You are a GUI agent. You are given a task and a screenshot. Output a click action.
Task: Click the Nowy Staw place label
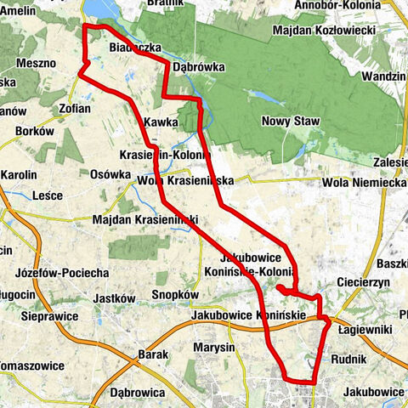291,122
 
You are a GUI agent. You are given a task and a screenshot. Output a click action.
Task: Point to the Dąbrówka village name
197,64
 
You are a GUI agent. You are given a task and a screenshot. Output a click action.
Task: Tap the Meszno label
35,63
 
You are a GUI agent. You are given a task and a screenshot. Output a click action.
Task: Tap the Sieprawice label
50,315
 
